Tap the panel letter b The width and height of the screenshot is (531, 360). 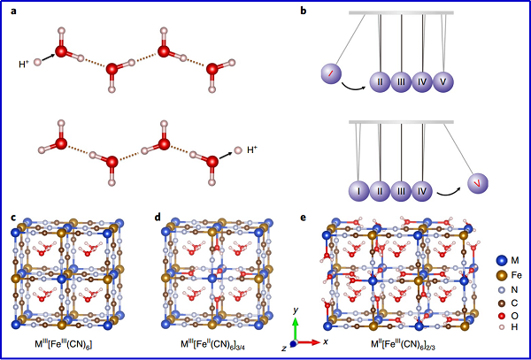pyautogui.click(x=304, y=10)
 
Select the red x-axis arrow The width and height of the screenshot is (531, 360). pyautogui.click(x=310, y=341)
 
